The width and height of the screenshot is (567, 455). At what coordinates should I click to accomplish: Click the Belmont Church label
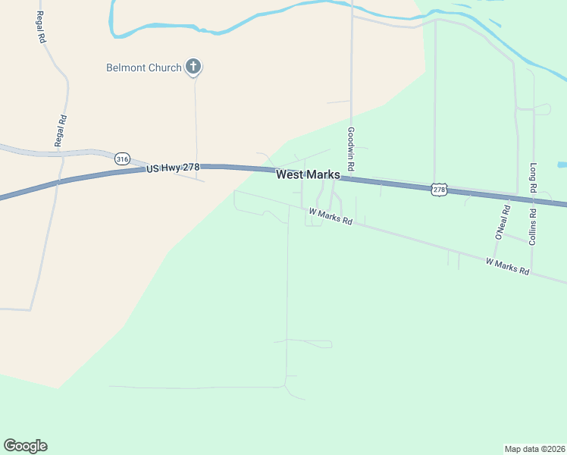pos(143,67)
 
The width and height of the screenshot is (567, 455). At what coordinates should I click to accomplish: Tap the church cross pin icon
pos(193,67)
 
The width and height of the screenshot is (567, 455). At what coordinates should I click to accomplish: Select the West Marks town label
pos(308,174)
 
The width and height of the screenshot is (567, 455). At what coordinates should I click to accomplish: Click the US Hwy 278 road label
pos(173,167)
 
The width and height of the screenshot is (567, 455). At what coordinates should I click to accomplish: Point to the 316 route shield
pos(122,158)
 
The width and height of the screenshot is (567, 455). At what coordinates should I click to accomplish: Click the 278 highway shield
pos(439,189)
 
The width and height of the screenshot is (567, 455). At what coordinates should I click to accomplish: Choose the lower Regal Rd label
pos(61,130)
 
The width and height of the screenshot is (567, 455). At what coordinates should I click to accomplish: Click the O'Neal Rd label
pos(502,222)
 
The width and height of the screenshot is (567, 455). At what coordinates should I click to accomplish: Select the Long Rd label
pos(534,178)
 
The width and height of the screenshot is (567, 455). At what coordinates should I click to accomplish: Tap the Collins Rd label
pos(534,227)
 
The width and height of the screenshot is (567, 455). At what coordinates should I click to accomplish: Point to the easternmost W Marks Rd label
pos(507,266)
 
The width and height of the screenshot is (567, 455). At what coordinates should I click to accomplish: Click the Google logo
pos(25,446)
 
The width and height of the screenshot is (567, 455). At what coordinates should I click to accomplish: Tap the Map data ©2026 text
pos(534,448)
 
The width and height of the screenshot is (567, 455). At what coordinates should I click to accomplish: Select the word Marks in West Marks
pos(323,174)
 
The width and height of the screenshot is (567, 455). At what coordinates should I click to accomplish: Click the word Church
pos(165,67)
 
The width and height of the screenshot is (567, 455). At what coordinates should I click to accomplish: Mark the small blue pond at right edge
pos(562,165)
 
